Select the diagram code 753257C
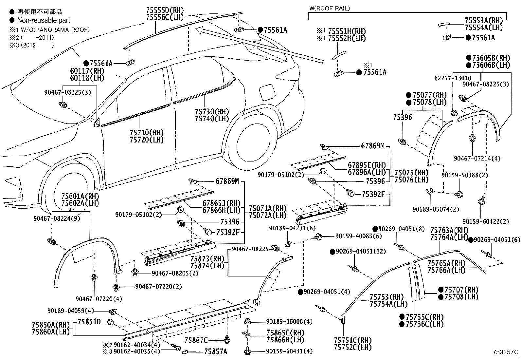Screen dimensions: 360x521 tap(506, 352)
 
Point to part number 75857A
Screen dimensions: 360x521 tap(215, 351)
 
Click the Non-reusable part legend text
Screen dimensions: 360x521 tap(43, 20)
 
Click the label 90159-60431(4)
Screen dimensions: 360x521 tap(289, 351)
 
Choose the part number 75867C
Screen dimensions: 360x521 tap(196, 340)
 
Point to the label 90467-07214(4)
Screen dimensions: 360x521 tap(477, 158)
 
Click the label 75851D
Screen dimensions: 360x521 tap(89, 322)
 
